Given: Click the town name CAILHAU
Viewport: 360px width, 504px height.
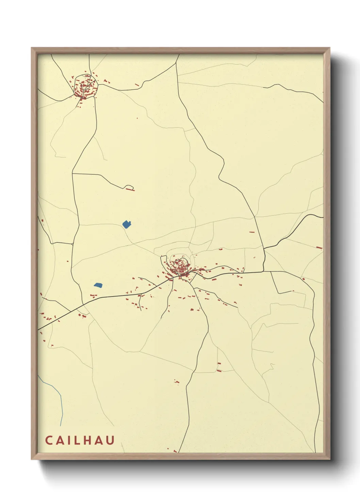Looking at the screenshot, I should pyautogui.click(x=80, y=440).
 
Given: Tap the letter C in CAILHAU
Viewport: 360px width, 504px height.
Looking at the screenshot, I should pyautogui.click(x=49, y=440).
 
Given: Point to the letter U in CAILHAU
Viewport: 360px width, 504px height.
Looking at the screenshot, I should pyautogui.click(x=111, y=440).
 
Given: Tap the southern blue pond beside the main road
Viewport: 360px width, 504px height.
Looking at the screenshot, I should pyautogui.click(x=98, y=285).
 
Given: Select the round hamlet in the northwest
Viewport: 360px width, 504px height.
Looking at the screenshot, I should pyautogui.click(x=85, y=87).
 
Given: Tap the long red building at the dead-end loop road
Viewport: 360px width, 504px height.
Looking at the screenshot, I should pyautogui.click(x=130, y=189).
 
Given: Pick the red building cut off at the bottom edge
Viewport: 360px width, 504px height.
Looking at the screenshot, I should pyautogui.click(x=175, y=452).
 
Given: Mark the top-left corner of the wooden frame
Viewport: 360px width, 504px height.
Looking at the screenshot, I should pyautogui.click(x=32, y=48).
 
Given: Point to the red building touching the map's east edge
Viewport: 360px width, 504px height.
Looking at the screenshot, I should pyautogui.click(x=319, y=248).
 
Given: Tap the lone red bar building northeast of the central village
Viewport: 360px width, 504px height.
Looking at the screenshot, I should pyautogui.click(x=252, y=232).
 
